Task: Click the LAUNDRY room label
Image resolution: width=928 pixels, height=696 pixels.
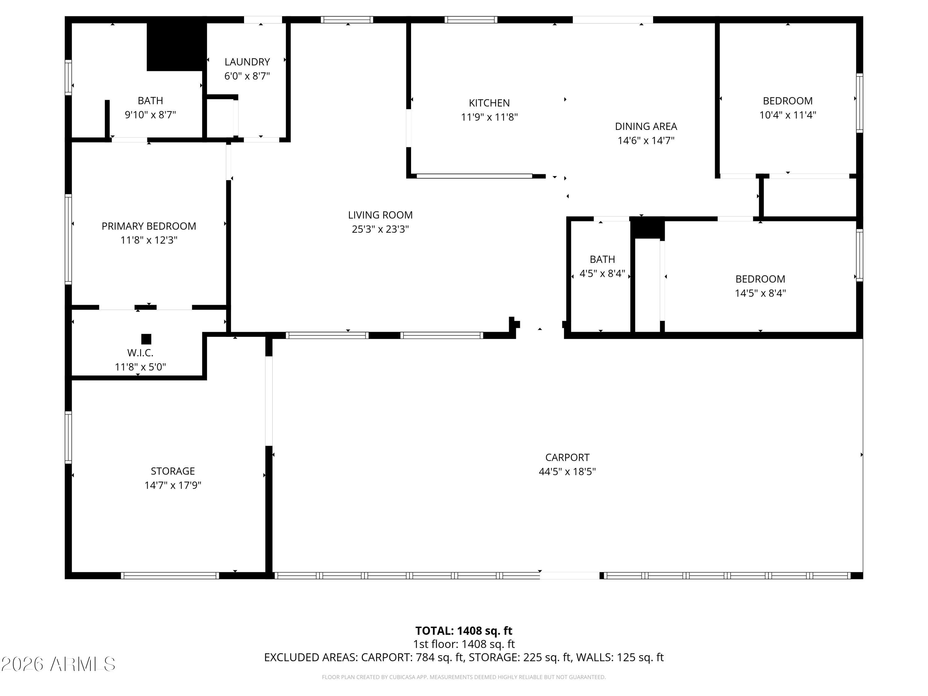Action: [x=247, y=62]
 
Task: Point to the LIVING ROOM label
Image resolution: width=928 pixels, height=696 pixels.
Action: [x=380, y=215]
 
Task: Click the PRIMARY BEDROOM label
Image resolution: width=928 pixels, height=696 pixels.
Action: [x=149, y=226]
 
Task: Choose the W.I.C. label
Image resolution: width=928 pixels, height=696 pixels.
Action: [x=140, y=353]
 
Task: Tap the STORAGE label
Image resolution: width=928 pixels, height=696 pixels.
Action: [x=173, y=471]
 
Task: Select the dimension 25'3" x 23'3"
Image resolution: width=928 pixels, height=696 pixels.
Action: [x=380, y=230]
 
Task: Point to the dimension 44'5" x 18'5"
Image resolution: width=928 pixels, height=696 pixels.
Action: [x=567, y=471]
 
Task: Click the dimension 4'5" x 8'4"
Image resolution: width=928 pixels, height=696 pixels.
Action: [x=603, y=273]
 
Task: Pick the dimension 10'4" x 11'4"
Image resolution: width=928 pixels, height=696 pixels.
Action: [x=788, y=115]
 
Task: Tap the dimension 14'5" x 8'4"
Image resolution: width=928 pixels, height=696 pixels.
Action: [x=760, y=293]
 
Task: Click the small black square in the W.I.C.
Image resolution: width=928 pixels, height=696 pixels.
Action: [x=146, y=339]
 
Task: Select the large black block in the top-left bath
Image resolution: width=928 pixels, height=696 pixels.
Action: [x=177, y=46]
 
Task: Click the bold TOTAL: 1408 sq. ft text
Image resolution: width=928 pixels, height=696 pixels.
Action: [x=464, y=631]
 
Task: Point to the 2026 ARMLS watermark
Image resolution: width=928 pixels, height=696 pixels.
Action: [x=58, y=664]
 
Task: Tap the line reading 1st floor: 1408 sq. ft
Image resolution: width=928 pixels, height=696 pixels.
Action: [x=464, y=644]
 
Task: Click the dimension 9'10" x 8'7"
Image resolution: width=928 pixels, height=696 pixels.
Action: [x=150, y=115]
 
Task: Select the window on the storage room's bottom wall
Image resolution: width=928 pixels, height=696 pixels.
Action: [x=170, y=576]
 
